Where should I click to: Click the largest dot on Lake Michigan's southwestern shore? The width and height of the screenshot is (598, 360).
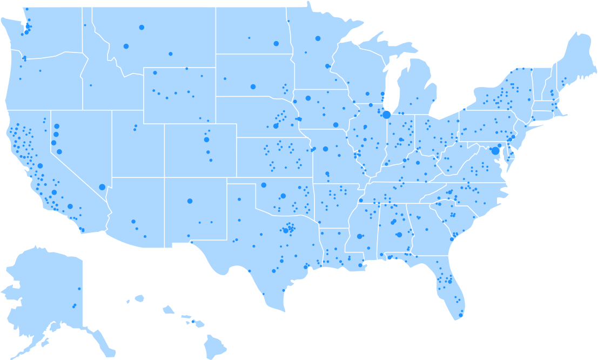tap(386, 115)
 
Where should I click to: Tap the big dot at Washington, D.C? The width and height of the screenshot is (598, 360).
tap(495, 151)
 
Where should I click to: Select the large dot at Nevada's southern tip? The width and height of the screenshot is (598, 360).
tap(102, 187)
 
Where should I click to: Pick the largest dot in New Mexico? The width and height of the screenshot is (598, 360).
tap(190, 201)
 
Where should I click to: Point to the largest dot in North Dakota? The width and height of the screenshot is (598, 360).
tap(276, 44)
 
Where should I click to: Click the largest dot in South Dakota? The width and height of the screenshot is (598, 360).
tap(253, 86)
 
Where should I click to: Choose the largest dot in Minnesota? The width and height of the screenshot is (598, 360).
tap(318, 38)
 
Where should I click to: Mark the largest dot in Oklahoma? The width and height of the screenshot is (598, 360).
tap(283, 196)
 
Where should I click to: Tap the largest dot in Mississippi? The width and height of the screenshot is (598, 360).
tap(359, 236)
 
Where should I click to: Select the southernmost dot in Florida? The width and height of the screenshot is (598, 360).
tap(461, 315)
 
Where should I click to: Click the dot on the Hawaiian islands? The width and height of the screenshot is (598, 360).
tap(193, 322)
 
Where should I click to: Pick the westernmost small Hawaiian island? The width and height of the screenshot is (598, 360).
tap(128, 302)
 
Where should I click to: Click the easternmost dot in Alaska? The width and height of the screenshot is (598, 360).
tap(79, 289)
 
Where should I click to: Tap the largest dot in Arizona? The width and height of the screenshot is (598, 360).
tap(133, 221)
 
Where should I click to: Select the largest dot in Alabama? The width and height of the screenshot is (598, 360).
tap(399, 235)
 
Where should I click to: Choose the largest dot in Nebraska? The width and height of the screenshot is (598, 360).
tap(276, 126)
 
